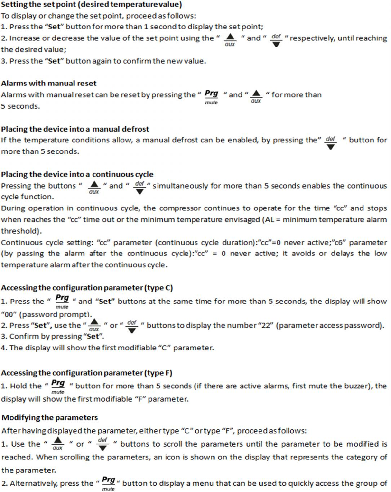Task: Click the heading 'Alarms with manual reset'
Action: [x=49, y=83]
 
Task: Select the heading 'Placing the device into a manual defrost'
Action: [x=75, y=129]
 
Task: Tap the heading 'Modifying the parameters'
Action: [x=50, y=418]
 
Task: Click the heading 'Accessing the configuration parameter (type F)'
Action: [x=87, y=373]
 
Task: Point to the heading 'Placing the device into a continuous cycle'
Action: [x=77, y=174]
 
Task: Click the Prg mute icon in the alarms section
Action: [x=211, y=97]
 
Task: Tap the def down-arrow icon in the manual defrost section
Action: [x=330, y=142]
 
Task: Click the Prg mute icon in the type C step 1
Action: [x=62, y=301]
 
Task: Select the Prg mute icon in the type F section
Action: [x=58, y=385]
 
